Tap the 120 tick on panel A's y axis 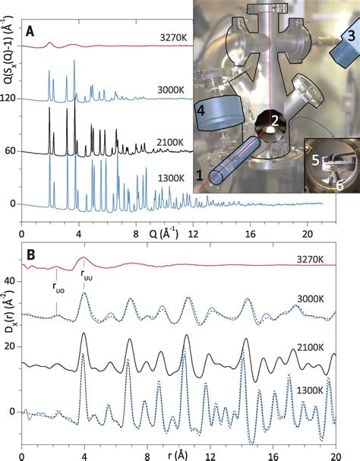(x=9, y=98)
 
